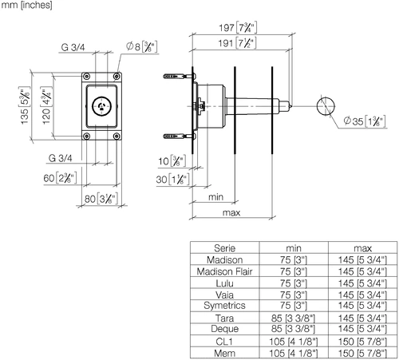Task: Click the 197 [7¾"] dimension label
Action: pos(238,27)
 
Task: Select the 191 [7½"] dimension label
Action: pos(237,43)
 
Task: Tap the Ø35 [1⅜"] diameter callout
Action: pos(364,121)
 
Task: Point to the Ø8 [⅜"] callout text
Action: pos(141,47)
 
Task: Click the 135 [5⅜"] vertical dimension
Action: pos(24,105)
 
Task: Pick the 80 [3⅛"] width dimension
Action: pos(101,199)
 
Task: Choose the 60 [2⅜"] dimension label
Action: pos(60,178)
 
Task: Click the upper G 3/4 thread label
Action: pos(73,47)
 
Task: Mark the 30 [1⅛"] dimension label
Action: pos(172,180)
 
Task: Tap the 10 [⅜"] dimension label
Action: pos(172,161)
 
